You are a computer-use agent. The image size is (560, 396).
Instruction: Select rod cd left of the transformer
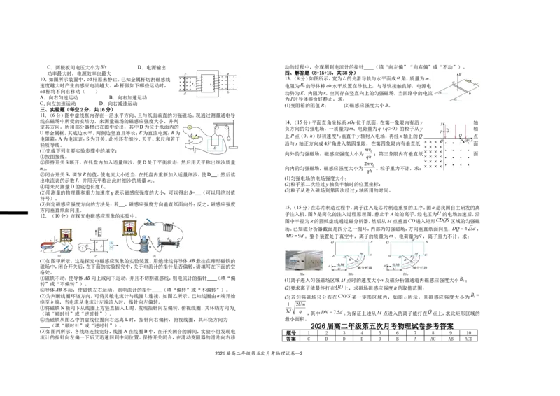point(183,83)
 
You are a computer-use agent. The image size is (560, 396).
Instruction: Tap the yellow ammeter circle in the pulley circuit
point(189,126)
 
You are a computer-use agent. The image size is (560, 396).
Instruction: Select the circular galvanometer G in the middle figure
point(85,246)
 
